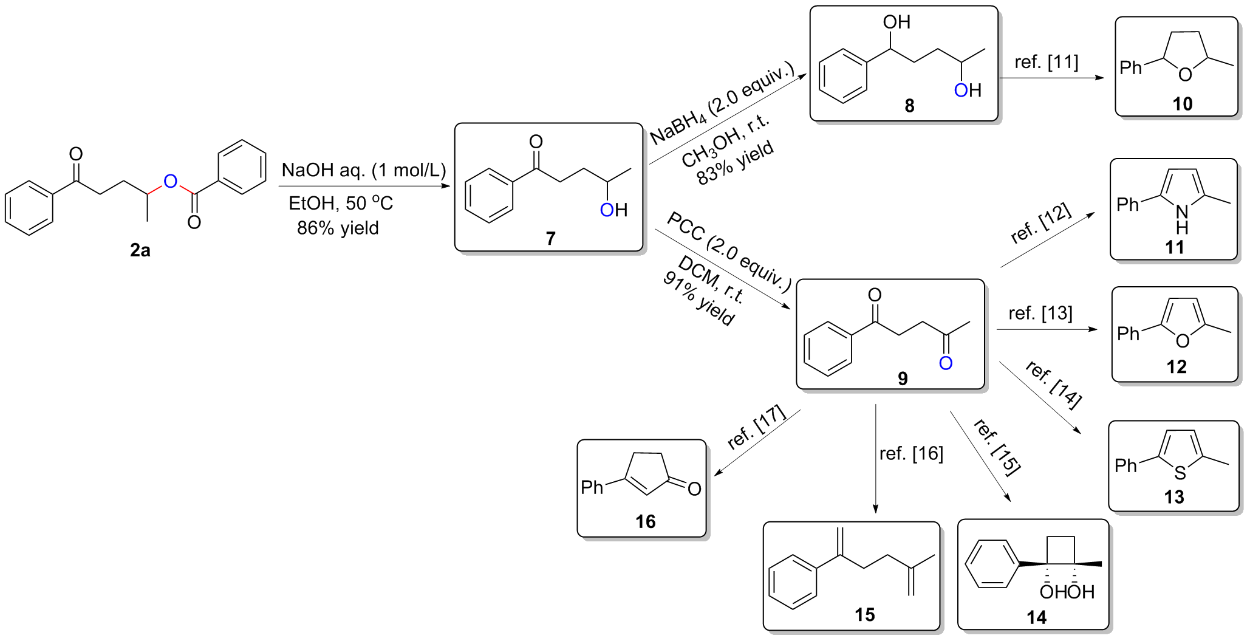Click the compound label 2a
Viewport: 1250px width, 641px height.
tap(140, 250)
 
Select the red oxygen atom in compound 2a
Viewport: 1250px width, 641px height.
tap(171, 180)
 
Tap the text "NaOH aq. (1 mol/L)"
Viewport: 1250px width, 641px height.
tap(364, 170)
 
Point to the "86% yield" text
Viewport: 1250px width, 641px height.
tap(338, 228)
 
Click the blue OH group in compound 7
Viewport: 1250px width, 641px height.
tap(613, 210)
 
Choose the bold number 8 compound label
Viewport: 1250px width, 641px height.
tap(909, 106)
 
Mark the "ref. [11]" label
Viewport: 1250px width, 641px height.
tap(1047, 62)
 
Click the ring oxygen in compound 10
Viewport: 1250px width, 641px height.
tap(1185, 75)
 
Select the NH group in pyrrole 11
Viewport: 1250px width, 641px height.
tap(1182, 219)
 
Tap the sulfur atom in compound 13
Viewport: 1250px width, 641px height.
tap(1180, 473)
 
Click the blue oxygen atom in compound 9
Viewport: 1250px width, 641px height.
tap(946, 363)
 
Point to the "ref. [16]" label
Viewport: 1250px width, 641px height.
tap(911, 454)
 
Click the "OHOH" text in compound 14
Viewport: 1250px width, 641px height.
tap(1067, 592)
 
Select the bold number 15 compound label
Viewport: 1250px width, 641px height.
tap(865, 615)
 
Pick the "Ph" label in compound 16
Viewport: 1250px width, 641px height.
tap(592, 487)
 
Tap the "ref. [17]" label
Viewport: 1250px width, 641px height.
tap(757, 428)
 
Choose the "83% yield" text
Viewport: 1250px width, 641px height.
tap(735, 162)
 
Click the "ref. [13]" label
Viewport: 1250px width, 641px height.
tap(1040, 314)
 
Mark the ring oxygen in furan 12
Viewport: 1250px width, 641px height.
tap(1183, 341)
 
